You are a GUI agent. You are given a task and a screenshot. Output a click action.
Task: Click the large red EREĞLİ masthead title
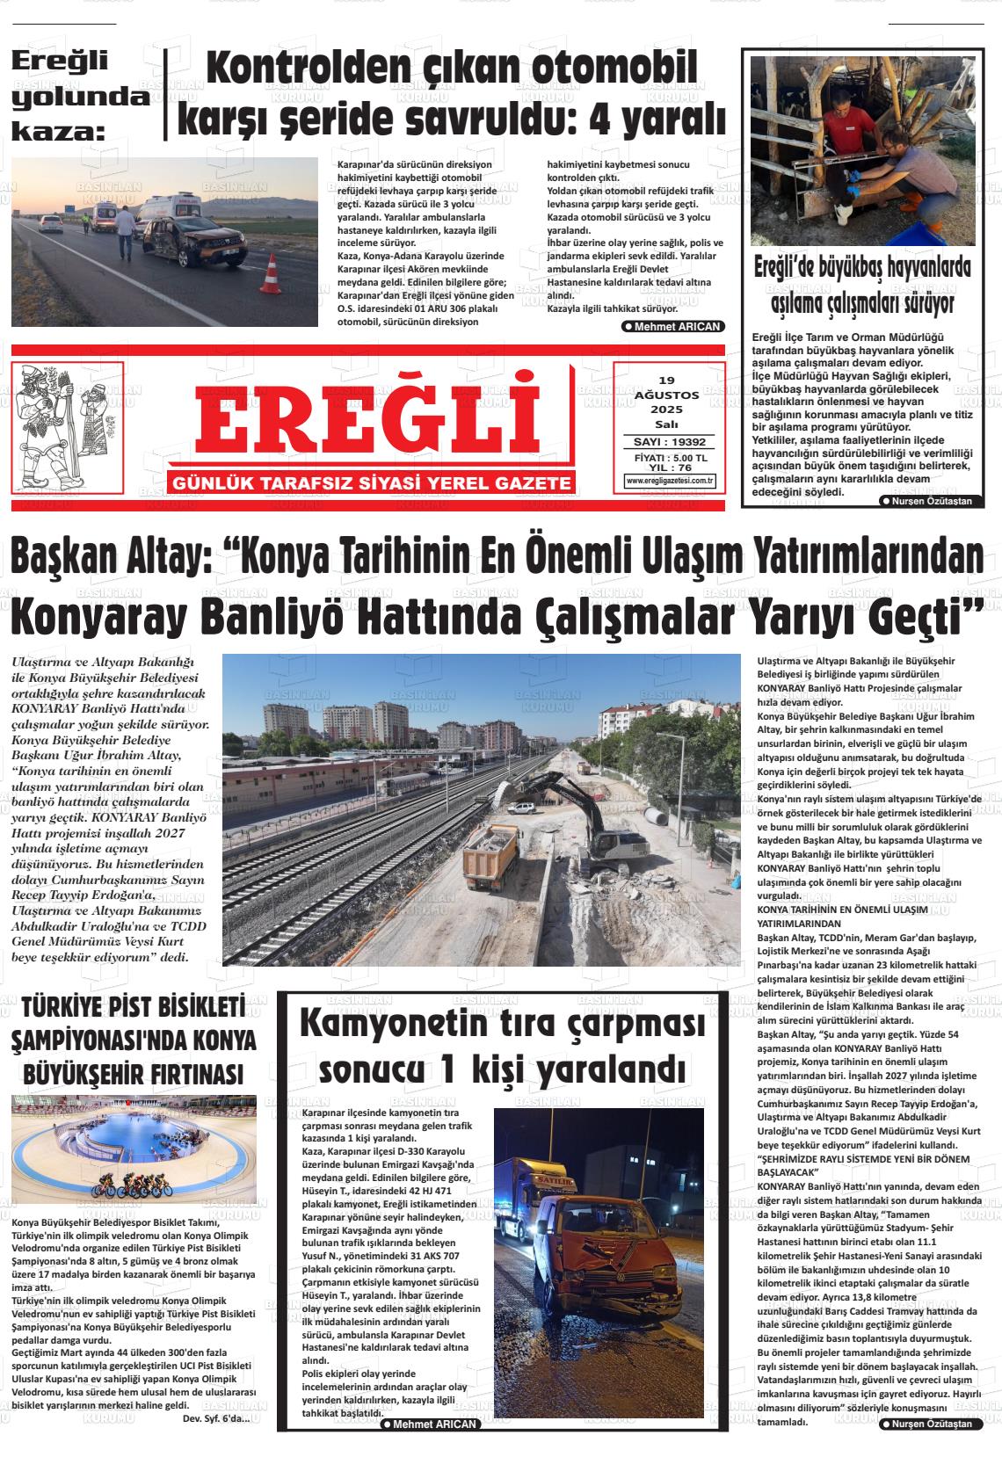coord(367,421)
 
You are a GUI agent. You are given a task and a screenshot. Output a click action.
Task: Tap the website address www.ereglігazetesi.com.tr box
coord(670,481)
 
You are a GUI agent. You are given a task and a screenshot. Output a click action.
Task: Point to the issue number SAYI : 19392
coord(670,442)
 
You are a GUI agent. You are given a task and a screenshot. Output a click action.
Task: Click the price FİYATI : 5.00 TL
coord(670,458)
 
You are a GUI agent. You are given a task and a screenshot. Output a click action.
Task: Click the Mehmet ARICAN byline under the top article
coord(672,326)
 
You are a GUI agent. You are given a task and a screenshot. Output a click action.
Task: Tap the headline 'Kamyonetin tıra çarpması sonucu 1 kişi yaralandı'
coord(502,1047)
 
